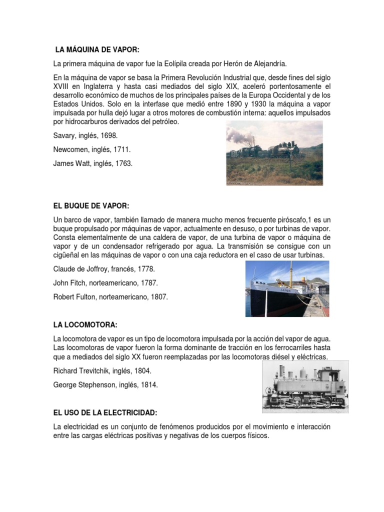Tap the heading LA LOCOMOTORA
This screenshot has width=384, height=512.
[85, 325]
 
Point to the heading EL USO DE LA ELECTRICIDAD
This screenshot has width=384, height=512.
[105, 412]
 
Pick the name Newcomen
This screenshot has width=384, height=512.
[73, 149]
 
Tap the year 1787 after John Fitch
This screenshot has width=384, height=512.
[147, 282]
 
